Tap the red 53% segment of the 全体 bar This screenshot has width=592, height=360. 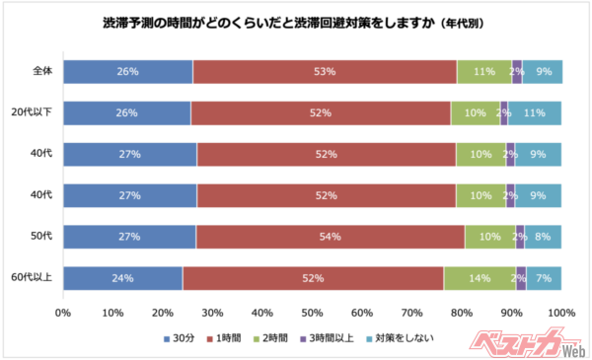[325, 72]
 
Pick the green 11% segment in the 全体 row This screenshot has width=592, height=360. [483, 72]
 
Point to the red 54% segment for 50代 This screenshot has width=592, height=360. [331, 237]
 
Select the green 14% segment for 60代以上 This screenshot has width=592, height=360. [480, 278]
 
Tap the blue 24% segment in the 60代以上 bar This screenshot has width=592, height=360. [123, 278]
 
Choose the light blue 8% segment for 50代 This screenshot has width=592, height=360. [543, 237]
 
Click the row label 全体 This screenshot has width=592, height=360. [40, 72]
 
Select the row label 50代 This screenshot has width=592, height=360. [40, 237]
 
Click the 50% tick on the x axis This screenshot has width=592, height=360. [313, 313]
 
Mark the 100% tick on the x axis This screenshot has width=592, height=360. [561, 313]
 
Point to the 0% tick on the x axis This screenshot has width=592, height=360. [63, 313]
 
